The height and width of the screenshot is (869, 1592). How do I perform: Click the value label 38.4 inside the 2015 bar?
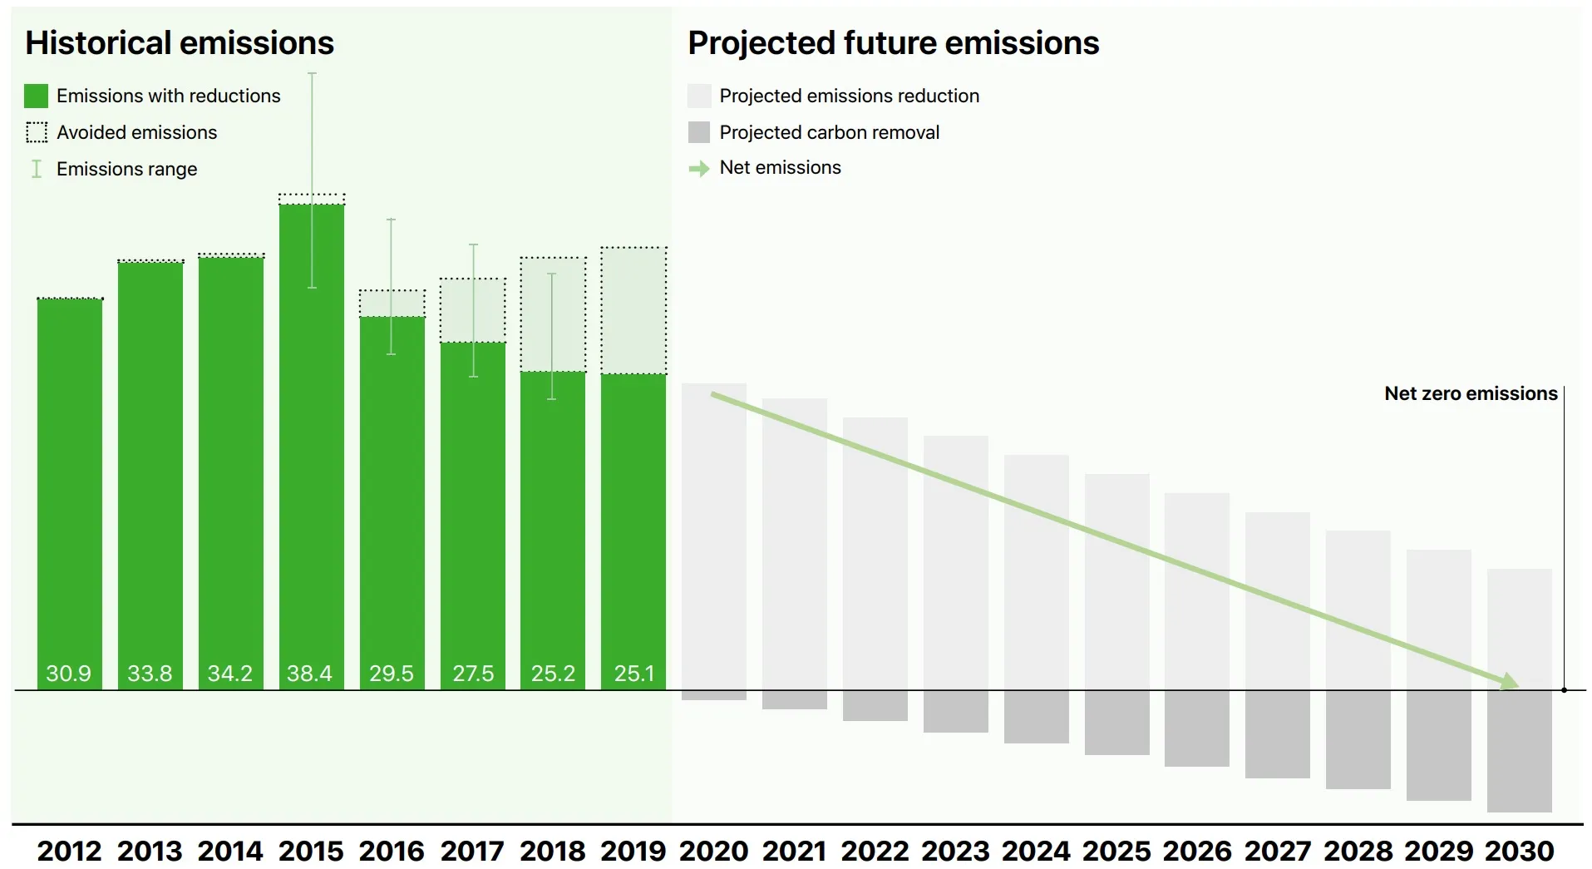coord(309,673)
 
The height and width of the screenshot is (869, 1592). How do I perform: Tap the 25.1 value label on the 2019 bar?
coord(633,673)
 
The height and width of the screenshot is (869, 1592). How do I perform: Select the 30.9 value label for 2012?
coord(68,673)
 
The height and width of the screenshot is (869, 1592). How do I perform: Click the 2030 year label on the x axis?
coord(1519,851)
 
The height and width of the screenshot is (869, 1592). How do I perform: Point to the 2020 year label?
coord(713,851)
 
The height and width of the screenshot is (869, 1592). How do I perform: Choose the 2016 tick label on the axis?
coord(392,851)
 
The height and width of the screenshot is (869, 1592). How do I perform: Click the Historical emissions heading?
coord(180,42)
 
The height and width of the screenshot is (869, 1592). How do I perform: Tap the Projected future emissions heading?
coord(893,42)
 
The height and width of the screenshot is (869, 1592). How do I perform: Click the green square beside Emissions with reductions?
coord(37,96)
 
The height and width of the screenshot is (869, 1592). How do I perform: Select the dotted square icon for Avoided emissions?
coord(37,132)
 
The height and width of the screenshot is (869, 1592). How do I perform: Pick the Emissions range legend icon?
coord(37,169)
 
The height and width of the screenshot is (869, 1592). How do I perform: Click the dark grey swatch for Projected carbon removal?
coord(699,132)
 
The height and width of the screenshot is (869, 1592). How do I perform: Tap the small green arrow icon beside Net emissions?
coord(699,169)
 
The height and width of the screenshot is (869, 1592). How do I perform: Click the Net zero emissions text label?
coord(1470,393)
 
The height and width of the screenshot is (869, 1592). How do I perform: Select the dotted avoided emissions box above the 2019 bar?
coord(633,310)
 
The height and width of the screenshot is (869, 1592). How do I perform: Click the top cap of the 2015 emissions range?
coord(312,74)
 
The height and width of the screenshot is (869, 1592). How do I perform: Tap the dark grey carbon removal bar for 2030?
coord(1519,751)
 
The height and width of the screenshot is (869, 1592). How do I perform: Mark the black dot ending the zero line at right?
coord(1564,690)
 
